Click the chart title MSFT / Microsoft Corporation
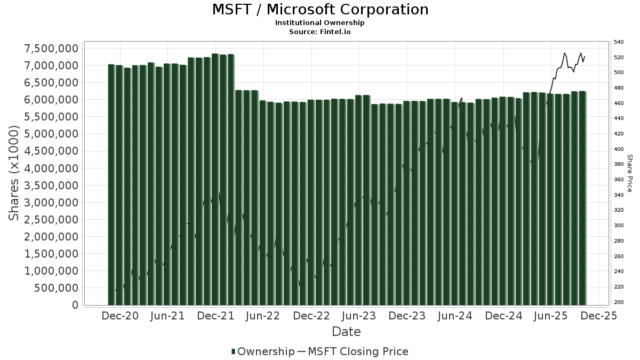[320, 10]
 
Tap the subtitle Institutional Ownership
[320, 23]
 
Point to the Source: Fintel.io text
[320, 31]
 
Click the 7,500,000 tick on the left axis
[52, 49]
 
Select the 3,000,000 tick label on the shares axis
[52, 203]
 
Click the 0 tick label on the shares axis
[75, 305]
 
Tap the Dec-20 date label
[120, 316]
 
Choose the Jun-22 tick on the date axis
[263, 316]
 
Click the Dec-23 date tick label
[406, 316]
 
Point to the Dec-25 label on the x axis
[599, 316]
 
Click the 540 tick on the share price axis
[619, 42]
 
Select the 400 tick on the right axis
[619, 149]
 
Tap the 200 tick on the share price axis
[619, 302]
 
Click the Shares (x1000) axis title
[14, 173]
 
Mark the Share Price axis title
[629, 173]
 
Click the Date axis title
[346, 332]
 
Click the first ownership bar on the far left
[111, 185]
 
